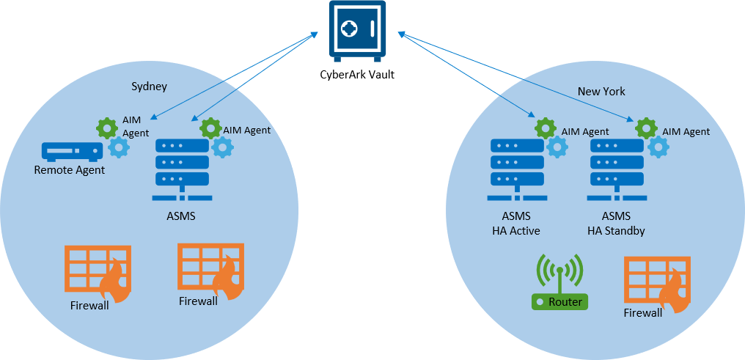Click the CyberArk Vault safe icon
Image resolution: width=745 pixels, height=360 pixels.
pos(357,32)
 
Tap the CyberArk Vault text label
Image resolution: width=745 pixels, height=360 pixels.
pos(357,73)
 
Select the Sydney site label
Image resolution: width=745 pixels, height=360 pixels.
pos(149,87)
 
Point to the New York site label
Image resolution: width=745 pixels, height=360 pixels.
pos(601,92)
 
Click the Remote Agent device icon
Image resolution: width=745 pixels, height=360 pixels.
pos(71,152)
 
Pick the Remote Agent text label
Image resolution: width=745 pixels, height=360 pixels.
pos(70,170)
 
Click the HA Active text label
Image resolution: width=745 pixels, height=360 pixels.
pos(516,230)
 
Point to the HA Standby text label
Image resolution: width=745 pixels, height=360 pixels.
pos(617,230)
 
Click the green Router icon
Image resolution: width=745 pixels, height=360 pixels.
pos(559,283)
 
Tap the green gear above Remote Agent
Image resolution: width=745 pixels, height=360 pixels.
pos(108,128)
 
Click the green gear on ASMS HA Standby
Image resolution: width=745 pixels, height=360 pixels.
pos(646,128)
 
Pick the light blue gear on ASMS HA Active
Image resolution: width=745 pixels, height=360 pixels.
pos(557,147)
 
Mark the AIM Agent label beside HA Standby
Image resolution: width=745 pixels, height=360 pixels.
pos(686,132)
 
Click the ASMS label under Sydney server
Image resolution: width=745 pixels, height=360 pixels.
pos(181,217)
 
